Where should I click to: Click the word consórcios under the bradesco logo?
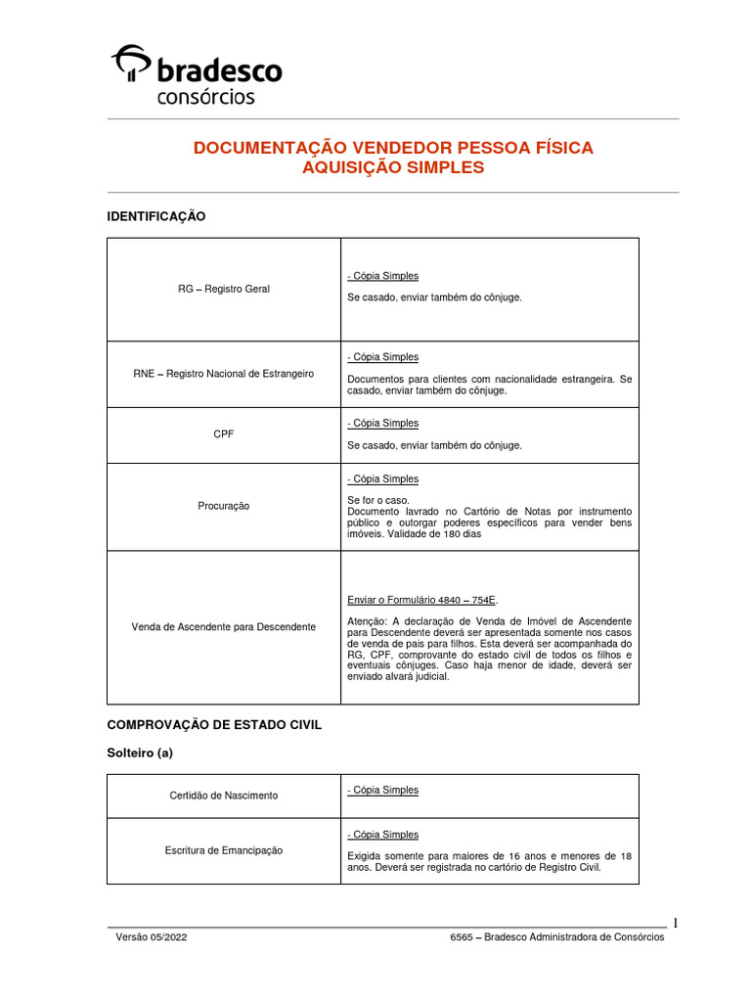[205, 97]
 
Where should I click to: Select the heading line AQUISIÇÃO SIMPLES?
[393, 168]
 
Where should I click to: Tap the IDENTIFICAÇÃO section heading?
[156, 216]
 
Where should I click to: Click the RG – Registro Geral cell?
[224, 289]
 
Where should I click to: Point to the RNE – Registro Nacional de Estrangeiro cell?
[224, 374]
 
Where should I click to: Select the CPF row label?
[224, 434]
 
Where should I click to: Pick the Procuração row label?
[224, 506]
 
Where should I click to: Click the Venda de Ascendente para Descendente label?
[224, 626]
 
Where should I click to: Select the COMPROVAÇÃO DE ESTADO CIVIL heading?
[214, 725]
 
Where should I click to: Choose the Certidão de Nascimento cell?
[224, 796]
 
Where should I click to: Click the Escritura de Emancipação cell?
[224, 850]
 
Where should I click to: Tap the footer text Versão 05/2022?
[152, 937]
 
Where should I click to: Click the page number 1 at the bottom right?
[675, 923]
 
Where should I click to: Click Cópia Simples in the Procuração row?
[382, 478]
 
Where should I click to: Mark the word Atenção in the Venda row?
[367, 621]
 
